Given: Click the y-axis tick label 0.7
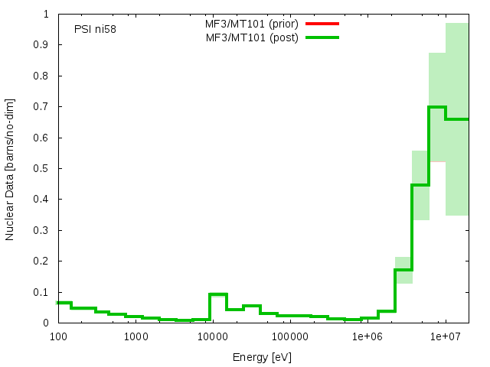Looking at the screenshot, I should pyautogui.click(x=43, y=106).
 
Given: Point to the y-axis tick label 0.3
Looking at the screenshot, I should pyautogui.click(x=43, y=230).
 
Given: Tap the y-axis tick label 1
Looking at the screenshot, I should pyautogui.click(x=47, y=14).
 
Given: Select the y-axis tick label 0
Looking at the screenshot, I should pyautogui.click(x=47, y=323).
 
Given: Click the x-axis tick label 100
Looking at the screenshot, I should pyautogui.click(x=57, y=336).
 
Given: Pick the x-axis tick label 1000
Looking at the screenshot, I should pyautogui.click(x=135, y=336).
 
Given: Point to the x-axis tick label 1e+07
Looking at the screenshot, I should pyautogui.click(x=445, y=336).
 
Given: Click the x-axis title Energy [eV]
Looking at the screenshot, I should pyautogui.click(x=262, y=357).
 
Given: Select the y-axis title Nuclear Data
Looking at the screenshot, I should pyautogui.click(x=10, y=169).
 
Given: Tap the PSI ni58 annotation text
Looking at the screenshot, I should pyautogui.click(x=95, y=30).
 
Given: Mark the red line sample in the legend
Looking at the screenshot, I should pyautogui.click(x=322, y=24).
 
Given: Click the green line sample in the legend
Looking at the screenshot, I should pyautogui.click(x=322, y=37).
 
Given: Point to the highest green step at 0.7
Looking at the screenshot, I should pyautogui.click(x=436, y=107).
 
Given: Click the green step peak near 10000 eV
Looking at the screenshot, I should pyautogui.click(x=217, y=294).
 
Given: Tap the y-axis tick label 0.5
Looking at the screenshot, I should pyautogui.click(x=43, y=168).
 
